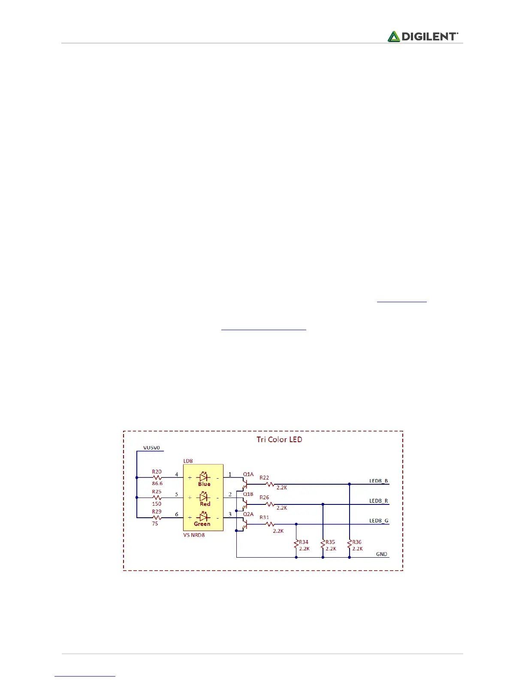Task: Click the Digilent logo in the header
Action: [422, 36]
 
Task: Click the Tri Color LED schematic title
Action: [279, 439]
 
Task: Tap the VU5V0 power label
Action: [151, 448]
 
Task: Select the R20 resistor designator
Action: [157, 471]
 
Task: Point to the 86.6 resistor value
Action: [157, 483]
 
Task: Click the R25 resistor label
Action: [157, 492]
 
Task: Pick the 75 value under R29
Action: [155, 524]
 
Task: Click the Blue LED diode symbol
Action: [204, 477]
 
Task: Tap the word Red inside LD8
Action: [205, 504]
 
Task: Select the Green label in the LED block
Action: [202, 524]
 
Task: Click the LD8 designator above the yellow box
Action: [188, 461]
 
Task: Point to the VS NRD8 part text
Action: [194, 535]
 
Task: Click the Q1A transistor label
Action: [248, 474]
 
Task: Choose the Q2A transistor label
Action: [248, 514]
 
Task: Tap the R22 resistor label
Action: [264, 477]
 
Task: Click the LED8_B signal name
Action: [378, 481]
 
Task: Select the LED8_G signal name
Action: [379, 521]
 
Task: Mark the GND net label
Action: [381, 554]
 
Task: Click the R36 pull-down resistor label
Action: [357, 542]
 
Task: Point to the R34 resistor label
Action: [304, 542]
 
